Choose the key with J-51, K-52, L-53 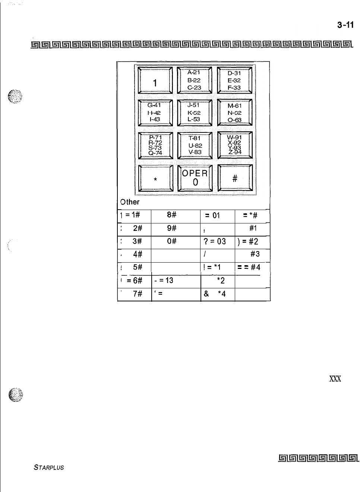click(194, 113)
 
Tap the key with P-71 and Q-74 click(155, 145)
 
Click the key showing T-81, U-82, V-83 click(195, 145)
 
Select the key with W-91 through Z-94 click(235, 145)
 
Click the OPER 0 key click(195, 178)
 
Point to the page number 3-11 click(345, 25)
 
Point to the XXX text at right click(334, 378)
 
